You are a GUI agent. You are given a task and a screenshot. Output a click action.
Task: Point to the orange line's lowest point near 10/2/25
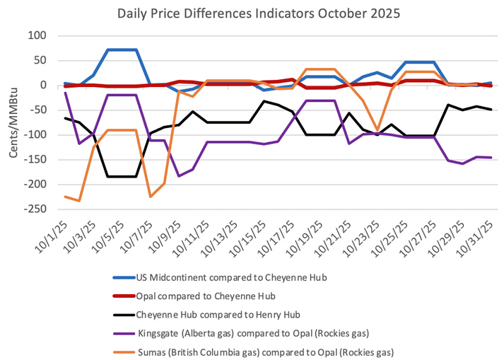tap(79, 201)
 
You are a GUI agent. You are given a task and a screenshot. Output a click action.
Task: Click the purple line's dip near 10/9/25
tap(179, 175)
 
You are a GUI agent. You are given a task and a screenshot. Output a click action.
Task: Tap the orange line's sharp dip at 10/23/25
tap(378, 131)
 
